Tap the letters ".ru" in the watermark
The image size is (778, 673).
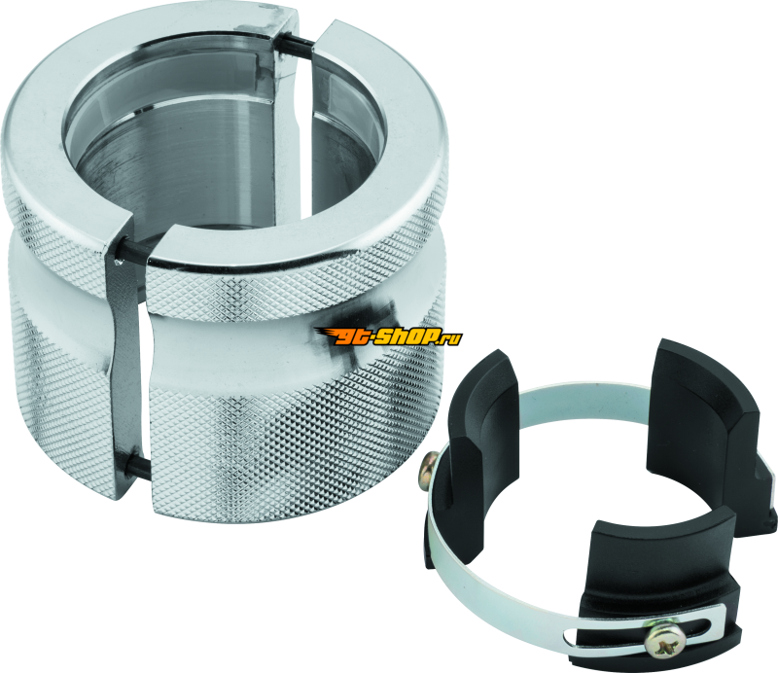pyautogui.click(x=453, y=336)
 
